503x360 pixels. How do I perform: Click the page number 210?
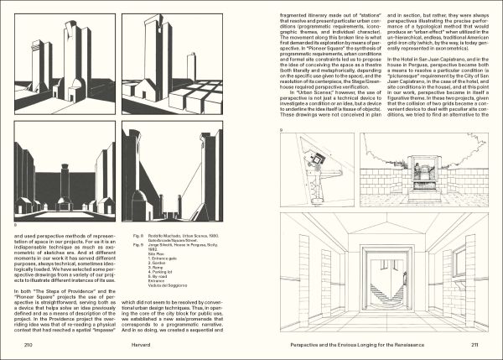click(29, 344)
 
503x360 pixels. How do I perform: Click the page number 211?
click(474, 344)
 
